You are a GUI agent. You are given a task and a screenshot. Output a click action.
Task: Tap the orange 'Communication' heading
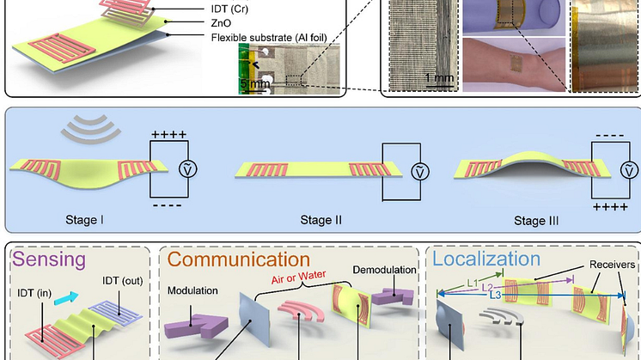point(238,259)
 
